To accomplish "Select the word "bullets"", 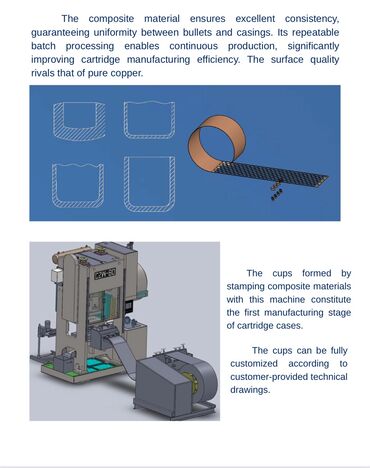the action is tap(197, 32).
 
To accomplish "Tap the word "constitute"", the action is tap(331, 300).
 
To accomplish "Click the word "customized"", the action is tap(254, 364).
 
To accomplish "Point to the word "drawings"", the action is tap(250, 390).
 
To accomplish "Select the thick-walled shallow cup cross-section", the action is tap(79, 121).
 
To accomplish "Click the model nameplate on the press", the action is tap(105, 274).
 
